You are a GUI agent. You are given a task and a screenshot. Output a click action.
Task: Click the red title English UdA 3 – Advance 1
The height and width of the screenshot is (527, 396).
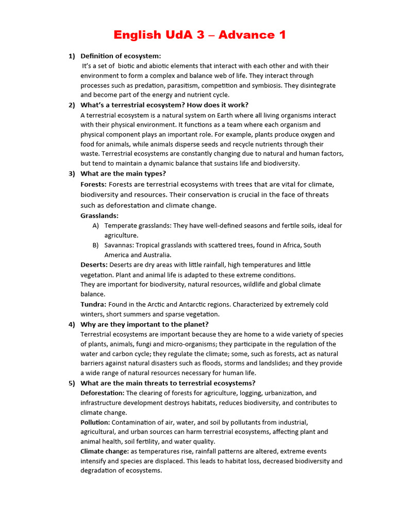pos(200,35)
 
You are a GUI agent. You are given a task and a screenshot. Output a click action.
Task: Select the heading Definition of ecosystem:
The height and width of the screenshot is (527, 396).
pos(121,56)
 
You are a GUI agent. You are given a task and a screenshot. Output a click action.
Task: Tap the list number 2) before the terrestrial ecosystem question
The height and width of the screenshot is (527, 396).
pos(72,105)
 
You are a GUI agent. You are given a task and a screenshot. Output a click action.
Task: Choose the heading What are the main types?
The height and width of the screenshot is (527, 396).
pos(123,173)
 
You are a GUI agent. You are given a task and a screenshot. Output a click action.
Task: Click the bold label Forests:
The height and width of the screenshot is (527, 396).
pos(94,184)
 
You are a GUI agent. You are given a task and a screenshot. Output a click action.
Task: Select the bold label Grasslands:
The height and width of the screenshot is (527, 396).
pos(100,216)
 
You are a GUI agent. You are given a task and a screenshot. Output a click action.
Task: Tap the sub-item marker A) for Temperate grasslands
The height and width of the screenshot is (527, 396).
pos(96,225)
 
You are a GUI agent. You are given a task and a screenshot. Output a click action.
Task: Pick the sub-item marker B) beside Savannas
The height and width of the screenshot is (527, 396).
pos(96,245)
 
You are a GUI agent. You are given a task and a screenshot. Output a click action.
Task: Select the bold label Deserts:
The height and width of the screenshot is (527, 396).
pos(94,265)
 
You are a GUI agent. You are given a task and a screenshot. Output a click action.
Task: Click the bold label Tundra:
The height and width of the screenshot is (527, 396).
pos(93,304)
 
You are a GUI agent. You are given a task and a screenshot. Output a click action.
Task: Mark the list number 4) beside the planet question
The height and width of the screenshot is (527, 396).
pos(72,324)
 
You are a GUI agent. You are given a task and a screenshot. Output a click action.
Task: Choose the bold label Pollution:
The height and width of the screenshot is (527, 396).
pos(95,422)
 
